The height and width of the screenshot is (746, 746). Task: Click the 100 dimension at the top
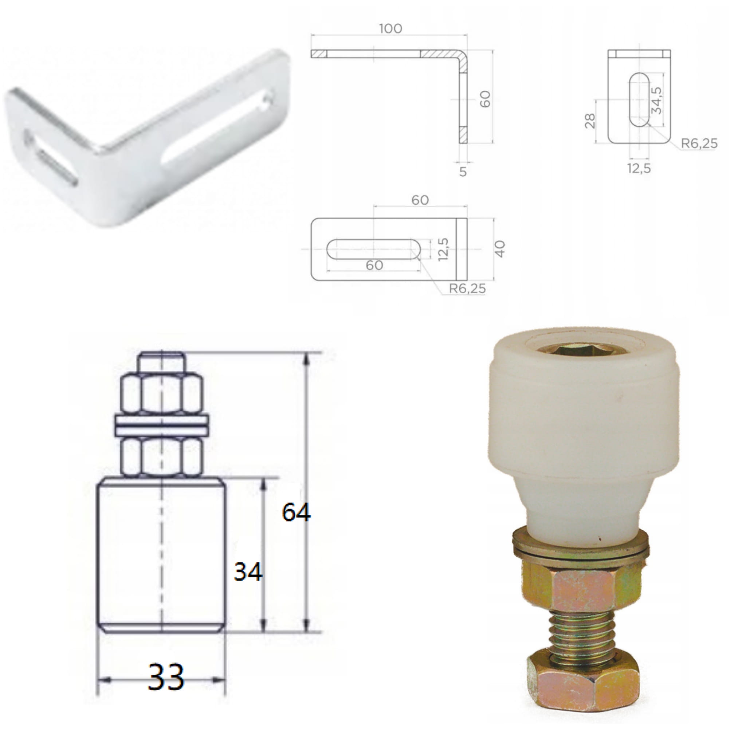(x=390, y=28)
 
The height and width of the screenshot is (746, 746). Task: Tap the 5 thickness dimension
(x=463, y=172)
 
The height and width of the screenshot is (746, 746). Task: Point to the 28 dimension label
(x=590, y=121)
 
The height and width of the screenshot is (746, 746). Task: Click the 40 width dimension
(x=500, y=249)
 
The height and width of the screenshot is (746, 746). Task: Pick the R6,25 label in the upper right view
(x=699, y=144)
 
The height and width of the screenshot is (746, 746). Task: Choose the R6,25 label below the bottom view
(x=467, y=288)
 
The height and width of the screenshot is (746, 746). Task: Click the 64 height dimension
(x=296, y=513)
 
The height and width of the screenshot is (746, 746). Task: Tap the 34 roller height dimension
(x=248, y=572)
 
